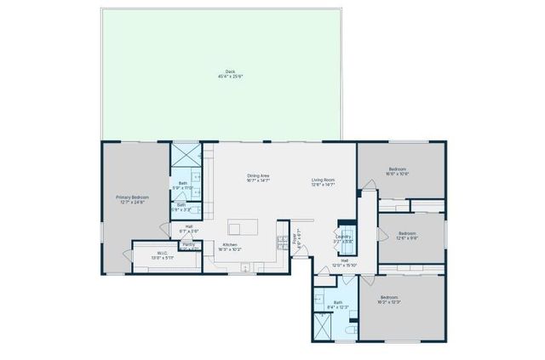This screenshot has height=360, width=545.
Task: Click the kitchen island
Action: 242,228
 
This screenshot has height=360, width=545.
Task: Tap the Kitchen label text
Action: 229,247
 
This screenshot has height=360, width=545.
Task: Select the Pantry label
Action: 188,245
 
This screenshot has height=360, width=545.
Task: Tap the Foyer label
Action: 297,241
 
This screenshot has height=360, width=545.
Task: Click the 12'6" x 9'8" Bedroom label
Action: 407,235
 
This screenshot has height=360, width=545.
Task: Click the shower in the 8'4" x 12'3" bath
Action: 324,326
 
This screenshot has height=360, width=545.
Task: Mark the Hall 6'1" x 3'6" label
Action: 189,229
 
